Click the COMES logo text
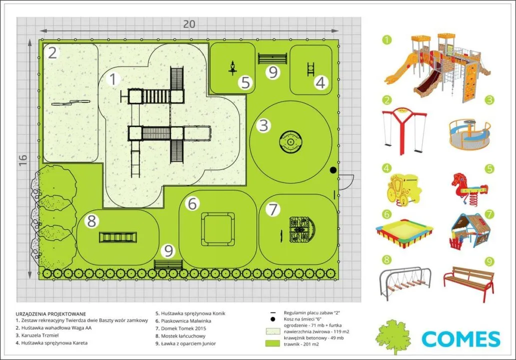461,338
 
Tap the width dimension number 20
189,23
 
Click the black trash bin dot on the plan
333,171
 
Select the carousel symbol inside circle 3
290,142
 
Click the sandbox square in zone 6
217,228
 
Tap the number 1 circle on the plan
114,79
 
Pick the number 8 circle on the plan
91,220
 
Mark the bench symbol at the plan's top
272,58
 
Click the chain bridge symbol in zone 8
118,237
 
